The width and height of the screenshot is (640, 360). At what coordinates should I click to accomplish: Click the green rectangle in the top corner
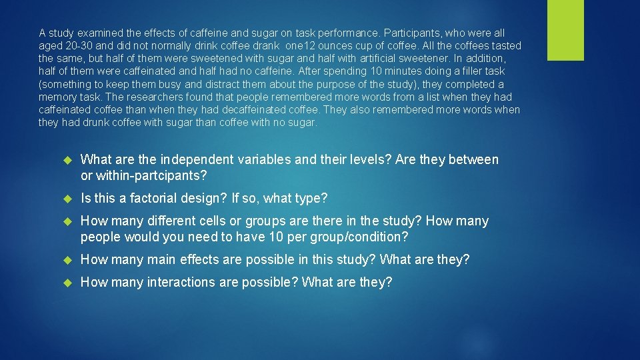point(565,30)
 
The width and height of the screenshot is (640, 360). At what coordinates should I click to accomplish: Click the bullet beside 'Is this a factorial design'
point(67,199)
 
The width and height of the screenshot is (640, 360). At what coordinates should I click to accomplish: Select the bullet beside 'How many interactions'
point(67,283)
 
